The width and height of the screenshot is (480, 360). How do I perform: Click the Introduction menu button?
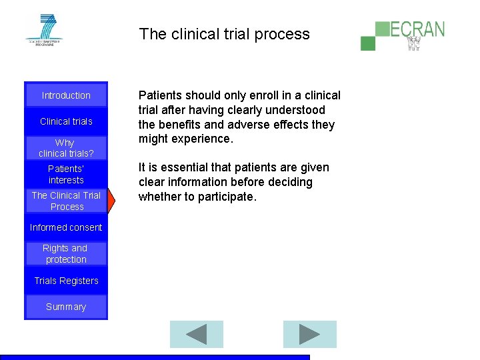pyautogui.click(x=66, y=95)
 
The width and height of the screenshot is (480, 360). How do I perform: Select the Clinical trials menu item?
pyautogui.click(x=66, y=121)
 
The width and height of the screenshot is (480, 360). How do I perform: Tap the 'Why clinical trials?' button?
pyautogui.click(x=66, y=147)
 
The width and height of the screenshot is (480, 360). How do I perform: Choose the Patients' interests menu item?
pyautogui.click(x=66, y=174)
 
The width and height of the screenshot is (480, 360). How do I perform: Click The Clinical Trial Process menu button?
pyautogui.click(x=66, y=201)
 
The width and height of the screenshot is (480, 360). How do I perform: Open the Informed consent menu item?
pyautogui.click(x=66, y=227)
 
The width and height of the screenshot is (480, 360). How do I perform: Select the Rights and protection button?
pyautogui.click(x=66, y=254)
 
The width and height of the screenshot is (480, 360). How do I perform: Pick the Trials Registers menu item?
pyautogui.click(x=66, y=281)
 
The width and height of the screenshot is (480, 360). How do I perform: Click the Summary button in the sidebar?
pyautogui.click(x=66, y=307)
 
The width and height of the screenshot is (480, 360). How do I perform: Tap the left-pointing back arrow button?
pyautogui.click(x=196, y=334)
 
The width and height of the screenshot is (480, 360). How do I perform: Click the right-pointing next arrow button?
pyautogui.click(x=309, y=334)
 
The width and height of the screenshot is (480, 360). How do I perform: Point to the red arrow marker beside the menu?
pyautogui.click(x=111, y=200)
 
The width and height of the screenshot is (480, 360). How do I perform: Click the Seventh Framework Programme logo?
pyautogui.click(x=44, y=30)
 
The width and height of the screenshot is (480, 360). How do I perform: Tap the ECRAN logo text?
pyautogui.click(x=417, y=29)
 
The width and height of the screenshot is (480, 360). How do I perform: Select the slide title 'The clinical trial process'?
pyautogui.click(x=224, y=34)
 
